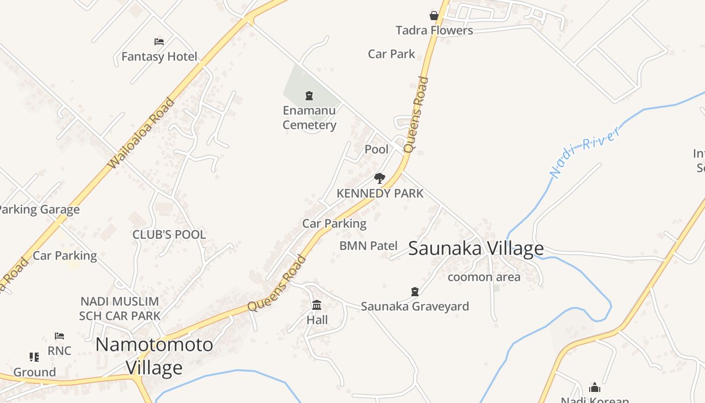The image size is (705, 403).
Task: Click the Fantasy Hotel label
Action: [x=159, y=56]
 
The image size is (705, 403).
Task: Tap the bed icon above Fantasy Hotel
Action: [x=159, y=41]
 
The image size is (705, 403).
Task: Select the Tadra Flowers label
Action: [x=434, y=30]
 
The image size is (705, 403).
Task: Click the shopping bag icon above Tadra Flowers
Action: [x=434, y=16]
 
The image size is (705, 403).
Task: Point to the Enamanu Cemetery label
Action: [x=309, y=117]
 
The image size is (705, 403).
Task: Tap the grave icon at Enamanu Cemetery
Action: [x=309, y=95]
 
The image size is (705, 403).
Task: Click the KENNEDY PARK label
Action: [x=380, y=193]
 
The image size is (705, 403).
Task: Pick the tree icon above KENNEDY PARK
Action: [x=380, y=178]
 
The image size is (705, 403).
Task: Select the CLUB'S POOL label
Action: [x=169, y=235]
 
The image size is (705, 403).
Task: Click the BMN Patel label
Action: [x=368, y=246]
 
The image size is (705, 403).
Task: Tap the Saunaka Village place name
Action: [x=475, y=248]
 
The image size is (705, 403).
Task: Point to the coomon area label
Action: [x=483, y=277]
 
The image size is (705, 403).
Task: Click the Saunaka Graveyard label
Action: [x=414, y=306]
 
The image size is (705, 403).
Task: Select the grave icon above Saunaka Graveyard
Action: [x=414, y=291]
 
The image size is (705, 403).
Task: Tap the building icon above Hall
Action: [x=317, y=305]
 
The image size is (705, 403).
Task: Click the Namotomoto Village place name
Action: [x=154, y=356]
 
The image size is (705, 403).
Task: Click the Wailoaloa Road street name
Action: [x=142, y=133]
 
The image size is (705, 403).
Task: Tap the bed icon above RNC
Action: [x=59, y=335]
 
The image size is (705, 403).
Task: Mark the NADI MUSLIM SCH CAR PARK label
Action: [x=119, y=309]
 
